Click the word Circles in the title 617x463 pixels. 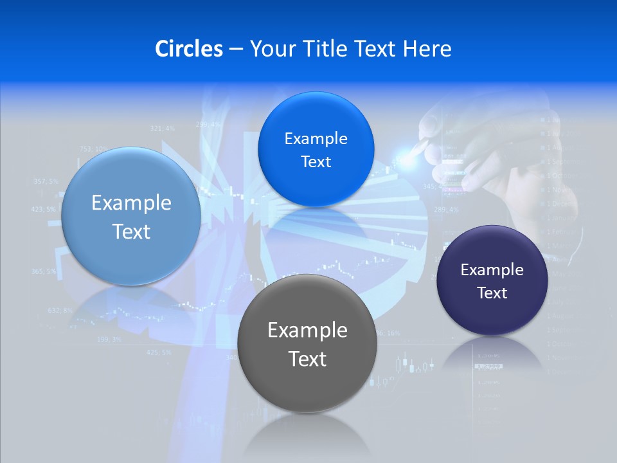coord(188,49)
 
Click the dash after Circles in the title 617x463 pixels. coord(236,50)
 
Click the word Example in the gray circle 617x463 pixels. coord(307,331)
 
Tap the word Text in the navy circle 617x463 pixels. coord(492,293)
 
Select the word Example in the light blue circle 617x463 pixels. coord(131,203)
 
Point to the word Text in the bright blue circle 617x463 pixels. coord(316,162)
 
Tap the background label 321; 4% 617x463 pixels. coord(162,129)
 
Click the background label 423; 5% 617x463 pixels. coord(43,210)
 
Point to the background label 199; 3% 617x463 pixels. coord(108,339)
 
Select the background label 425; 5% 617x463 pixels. coord(159,352)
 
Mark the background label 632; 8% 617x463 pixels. coord(60,311)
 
